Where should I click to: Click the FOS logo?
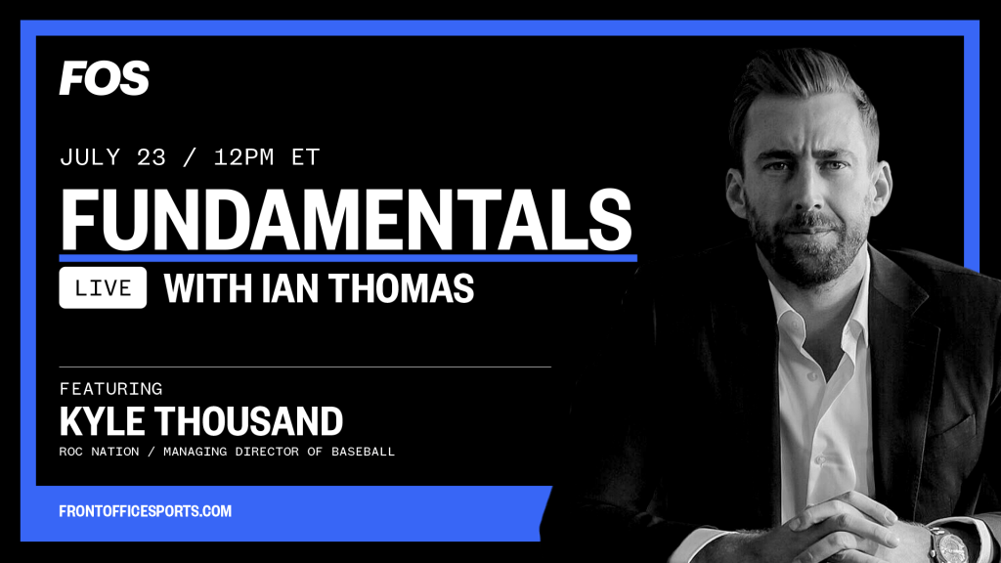coord(104,78)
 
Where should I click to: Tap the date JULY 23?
coord(113,157)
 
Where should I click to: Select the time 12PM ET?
coord(266,157)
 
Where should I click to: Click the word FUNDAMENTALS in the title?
coord(345,220)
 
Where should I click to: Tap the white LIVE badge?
coord(103,288)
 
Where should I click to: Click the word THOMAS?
coord(402,288)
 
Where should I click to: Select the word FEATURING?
coord(111,389)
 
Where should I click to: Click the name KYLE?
coord(102,421)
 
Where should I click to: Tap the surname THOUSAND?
coord(250,421)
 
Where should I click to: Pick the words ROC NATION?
coord(99,452)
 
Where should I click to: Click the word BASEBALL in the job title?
coord(363,452)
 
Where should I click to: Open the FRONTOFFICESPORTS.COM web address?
coord(145,511)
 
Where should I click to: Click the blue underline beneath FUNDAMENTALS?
coord(348,258)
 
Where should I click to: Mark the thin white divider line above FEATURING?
coord(305,368)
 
